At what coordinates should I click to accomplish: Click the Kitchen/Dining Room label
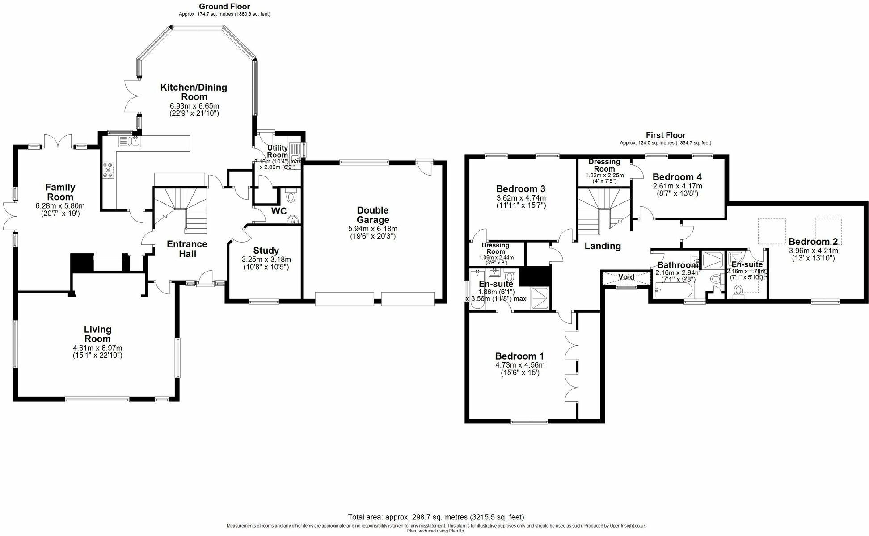194,92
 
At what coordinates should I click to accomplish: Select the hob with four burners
109,171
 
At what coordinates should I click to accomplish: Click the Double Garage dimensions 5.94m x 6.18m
372,229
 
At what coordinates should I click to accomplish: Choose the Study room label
266,251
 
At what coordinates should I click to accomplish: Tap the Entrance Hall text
187,249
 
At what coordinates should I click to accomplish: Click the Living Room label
97,334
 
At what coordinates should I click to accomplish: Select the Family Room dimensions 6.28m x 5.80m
60,206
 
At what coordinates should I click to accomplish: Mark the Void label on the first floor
626,277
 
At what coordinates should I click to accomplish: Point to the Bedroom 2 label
813,242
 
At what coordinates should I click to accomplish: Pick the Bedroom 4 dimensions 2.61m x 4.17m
677,186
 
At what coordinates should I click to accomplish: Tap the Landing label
603,246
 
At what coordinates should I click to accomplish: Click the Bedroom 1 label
519,356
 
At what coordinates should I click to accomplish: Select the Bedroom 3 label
521,188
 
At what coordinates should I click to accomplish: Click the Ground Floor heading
224,6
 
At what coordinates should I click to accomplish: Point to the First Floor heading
665,135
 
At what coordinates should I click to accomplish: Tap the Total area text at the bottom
436,517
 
